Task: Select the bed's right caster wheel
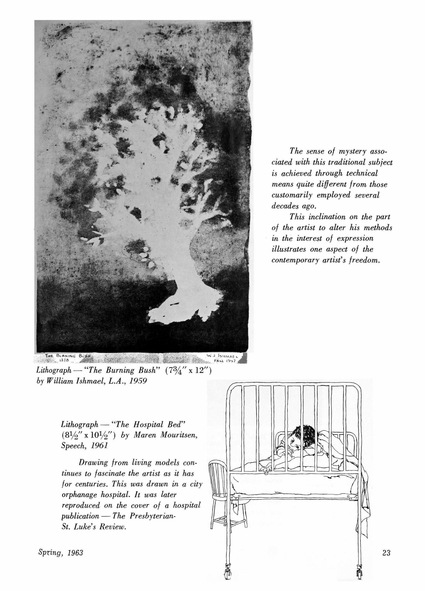[359, 580]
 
